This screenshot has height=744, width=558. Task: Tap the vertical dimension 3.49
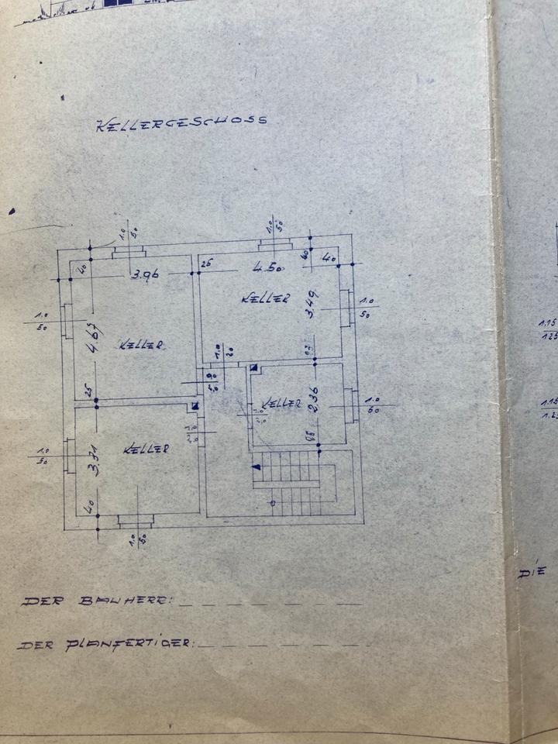pos(310,305)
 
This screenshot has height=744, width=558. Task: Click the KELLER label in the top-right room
pos(265,298)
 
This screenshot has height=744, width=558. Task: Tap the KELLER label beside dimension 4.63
pos(140,345)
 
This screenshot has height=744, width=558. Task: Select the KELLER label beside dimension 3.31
pos(146,448)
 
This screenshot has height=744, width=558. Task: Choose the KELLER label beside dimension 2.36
pos(281,403)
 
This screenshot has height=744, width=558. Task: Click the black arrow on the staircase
pos(256,466)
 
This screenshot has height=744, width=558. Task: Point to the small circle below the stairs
pos(272,504)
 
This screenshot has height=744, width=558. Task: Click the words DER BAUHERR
pos(98,601)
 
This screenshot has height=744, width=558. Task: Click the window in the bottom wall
pos(136,520)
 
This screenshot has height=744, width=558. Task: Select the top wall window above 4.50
pos(275,245)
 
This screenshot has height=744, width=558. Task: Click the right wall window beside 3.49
pos(346,308)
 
